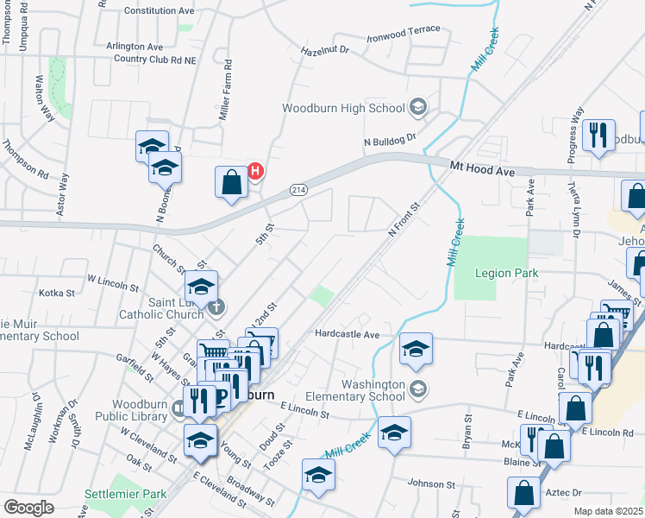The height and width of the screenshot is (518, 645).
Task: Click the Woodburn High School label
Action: [x=343, y=108]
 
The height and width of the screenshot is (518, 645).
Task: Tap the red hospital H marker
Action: [x=255, y=171]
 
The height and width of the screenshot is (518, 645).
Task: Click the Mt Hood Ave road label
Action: [x=481, y=169]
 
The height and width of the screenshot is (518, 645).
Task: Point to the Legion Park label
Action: [x=507, y=273]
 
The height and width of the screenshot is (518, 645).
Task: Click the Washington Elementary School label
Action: [x=373, y=390]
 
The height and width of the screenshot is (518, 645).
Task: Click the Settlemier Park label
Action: [x=124, y=495]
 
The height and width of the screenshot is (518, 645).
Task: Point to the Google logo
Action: [x=28, y=508]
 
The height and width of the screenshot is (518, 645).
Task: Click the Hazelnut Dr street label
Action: [x=324, y=51]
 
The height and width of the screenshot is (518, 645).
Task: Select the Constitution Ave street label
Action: [x=160, y=11]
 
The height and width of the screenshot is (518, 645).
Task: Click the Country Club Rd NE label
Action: [x=156, y=60]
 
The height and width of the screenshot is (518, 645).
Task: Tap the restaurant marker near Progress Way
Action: [x=597, y=136]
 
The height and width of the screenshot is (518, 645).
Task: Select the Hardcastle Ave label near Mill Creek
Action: [x=347, y=334]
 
